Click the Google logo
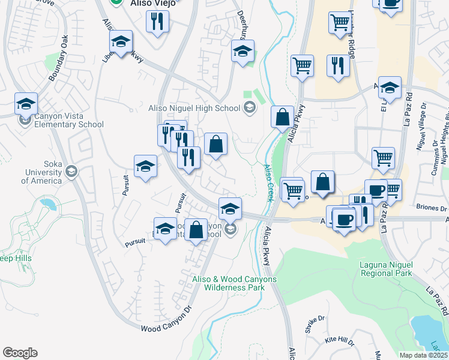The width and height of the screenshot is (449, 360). (20, 353)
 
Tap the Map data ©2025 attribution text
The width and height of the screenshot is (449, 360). (424, 355)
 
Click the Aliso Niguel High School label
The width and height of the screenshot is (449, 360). (194, 108)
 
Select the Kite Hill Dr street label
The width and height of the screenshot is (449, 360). (339, 340)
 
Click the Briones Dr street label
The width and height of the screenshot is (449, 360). (432, 208)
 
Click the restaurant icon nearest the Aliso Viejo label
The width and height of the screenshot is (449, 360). (157, 23)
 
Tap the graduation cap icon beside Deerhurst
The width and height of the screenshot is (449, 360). (243, 52)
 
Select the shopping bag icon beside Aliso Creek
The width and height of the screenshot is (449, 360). (282, 118)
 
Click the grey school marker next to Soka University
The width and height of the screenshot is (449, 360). (71, 172)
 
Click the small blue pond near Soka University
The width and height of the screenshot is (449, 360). (49, 206)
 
